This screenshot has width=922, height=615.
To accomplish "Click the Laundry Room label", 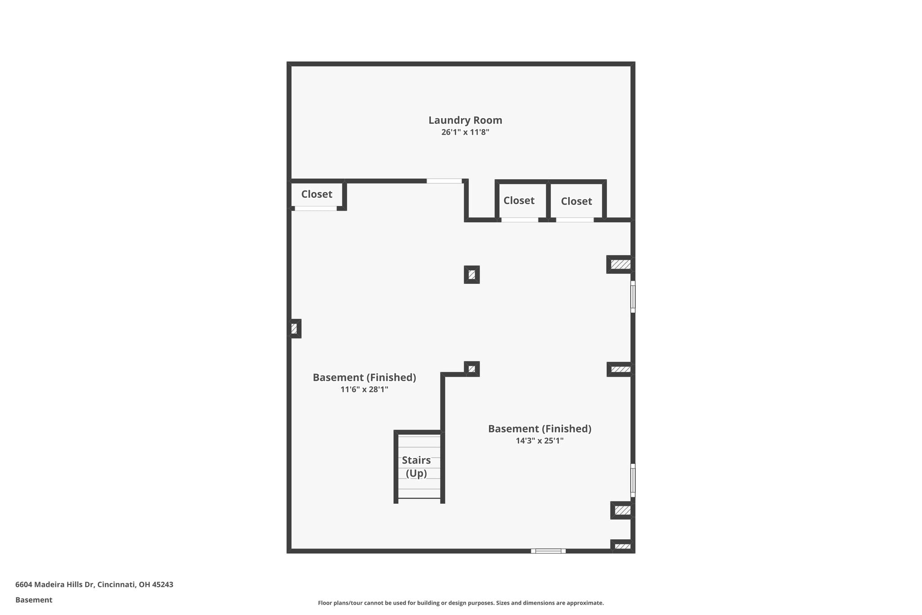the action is tap(465, 120).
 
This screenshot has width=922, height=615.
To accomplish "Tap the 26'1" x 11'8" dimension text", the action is tap(465, 132).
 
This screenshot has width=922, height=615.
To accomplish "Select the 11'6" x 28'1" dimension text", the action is tap(364, 389).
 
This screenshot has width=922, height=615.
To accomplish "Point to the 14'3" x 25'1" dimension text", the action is tap(539, 441).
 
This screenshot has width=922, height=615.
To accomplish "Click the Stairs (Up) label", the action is tap(416, 467).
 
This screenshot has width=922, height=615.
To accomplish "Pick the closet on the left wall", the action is tap(316, 194).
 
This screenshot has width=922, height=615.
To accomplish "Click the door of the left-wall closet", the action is tap(316, 209).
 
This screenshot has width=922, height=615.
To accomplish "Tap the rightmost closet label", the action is tap(576, 201).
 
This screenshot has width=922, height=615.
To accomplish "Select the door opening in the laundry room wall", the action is tap(444, 181).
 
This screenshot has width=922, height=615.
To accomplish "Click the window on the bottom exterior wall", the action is tap(548, 551).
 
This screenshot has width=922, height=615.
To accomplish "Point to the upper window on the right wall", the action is tap(633, 297).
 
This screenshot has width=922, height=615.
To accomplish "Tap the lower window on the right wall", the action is tap(633, 480).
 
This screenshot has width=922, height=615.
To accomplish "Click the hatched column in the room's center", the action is tap(472, 274).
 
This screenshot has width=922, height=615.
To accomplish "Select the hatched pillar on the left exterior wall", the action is tap(294, 328).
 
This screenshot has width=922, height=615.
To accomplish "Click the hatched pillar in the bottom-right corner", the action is tap(623, 546).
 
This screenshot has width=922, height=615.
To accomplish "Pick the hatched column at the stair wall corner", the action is tap(472, 369).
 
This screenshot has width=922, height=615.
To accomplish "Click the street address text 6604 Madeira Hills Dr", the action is tap(54, 585).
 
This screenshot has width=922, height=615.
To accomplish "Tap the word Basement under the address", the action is tap(34, 600).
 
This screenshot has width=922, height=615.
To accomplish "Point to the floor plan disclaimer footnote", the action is tap(461, 603).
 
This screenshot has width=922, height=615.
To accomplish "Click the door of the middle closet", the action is tap(520, 220).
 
